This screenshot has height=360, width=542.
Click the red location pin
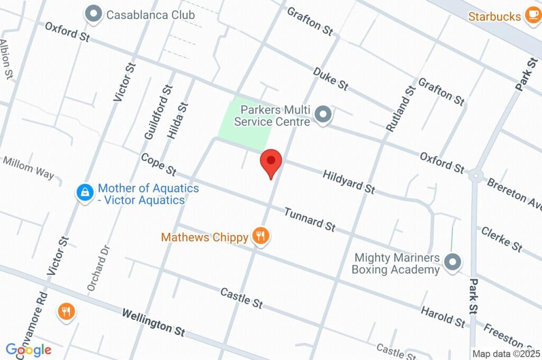[x=271, y=161]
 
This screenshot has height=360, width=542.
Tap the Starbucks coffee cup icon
[x=531, y=16]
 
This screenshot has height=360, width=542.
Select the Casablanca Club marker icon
[x=94, y=14]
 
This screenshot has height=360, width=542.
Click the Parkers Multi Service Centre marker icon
[x=323, y=114]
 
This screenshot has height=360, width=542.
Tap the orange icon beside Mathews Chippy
[x=260, y=236]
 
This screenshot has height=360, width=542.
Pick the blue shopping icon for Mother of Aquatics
[x=85, y=193]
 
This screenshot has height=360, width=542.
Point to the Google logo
[x=29, y=349]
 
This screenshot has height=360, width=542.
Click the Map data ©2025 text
[x=506, y=354]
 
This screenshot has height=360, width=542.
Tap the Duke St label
[x=330, y=78]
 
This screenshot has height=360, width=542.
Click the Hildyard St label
[x=349, y=181]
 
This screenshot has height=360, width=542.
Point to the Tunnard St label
[x=310, y=219]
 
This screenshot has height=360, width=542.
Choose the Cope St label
[x=158, y=164]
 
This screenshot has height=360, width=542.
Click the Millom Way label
[x=29, y=167]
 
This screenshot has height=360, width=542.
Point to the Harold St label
[x=443, y=316]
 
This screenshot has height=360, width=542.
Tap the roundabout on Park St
[x=476, y=175]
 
